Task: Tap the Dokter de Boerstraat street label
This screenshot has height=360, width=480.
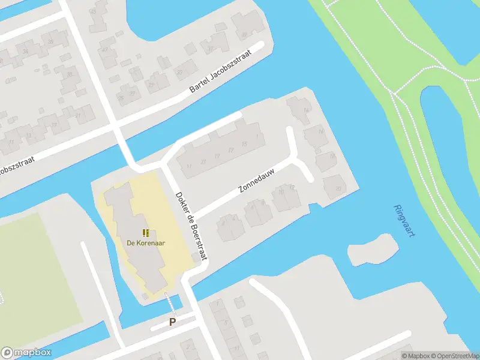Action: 191,225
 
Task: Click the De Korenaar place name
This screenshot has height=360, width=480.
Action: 146,243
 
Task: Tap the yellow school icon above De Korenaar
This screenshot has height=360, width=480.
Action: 146,233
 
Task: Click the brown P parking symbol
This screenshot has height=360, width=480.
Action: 172,322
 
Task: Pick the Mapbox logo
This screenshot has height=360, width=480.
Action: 26,353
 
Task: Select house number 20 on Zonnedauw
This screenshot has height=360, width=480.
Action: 338,188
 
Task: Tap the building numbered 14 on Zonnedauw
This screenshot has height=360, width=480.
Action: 306,110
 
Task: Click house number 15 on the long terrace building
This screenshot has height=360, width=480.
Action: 244,144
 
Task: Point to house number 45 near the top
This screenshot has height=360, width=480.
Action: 92,11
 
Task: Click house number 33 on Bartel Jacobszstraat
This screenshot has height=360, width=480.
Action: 178,71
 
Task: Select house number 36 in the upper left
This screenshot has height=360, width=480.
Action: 50,41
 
